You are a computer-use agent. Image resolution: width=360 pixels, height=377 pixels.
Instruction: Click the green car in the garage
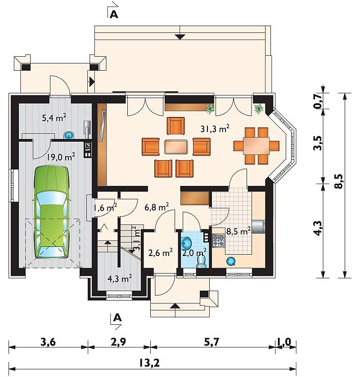tap(52, 212)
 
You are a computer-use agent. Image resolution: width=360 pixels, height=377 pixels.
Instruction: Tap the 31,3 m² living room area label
tap(215, 129)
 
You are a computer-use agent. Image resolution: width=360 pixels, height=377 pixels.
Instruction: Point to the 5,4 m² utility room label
tap(54, 117)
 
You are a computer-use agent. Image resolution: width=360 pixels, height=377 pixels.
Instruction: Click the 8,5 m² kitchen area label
tap(238, 231)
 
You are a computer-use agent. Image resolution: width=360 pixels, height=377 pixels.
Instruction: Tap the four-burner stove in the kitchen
tap(218, 241)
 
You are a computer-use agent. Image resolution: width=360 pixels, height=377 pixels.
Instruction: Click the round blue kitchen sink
tap(231, 261)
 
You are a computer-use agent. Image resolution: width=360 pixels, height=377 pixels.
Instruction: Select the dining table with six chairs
tap(256, 146)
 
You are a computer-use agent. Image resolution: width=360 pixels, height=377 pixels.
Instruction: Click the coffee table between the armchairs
tap(176, 147)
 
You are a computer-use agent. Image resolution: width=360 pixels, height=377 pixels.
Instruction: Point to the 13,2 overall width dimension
tap(149, 363)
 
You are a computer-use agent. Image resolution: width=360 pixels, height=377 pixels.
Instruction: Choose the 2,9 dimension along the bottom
tap(118, 342)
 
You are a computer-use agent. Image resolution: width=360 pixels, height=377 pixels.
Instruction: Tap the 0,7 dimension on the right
tap(318, 101)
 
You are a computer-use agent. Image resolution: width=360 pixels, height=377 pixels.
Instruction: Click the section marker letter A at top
tap(114, 15)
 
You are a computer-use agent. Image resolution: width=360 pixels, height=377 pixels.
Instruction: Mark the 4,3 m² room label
tap(120, 279)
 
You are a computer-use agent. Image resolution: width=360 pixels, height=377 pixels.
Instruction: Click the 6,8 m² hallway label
tap(157, 207)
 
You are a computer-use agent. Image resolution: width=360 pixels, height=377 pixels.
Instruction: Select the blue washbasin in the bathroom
tap(186, 243)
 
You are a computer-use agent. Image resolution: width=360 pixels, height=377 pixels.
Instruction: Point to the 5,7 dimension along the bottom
tap(211, 342)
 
